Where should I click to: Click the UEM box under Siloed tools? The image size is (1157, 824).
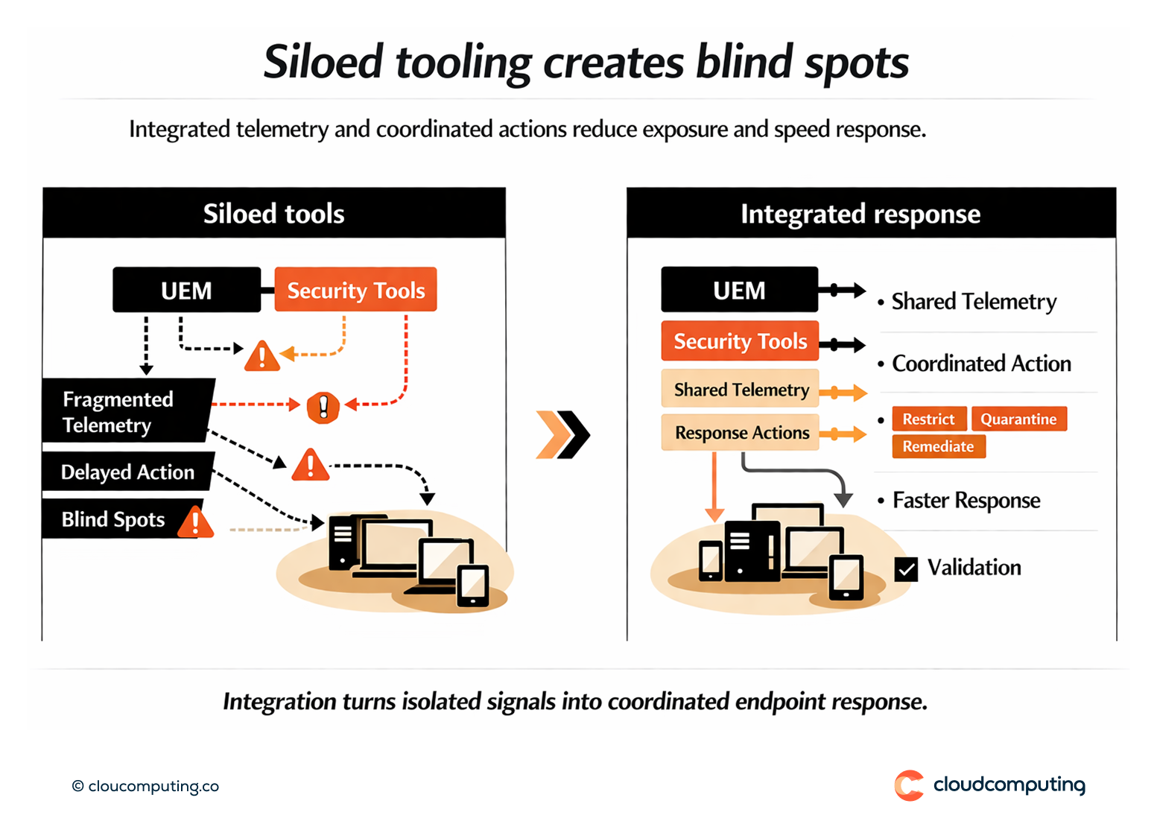pyautogui.click(x=186, y=290)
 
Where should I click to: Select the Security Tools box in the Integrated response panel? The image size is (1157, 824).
pyautogui.click(x=740, y=341)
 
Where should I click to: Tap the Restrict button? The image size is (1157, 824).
pyautogui.click(x=928, y=419)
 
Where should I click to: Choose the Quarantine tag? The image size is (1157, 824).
pyautogui.click(x=1018, y=419)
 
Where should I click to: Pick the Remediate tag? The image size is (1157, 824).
pyautogui.click(x=938, y=446)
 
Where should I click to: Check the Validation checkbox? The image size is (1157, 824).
pyautogui.click(x=906, y=569)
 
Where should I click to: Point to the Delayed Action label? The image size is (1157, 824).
pyautogui.click(x=127, y=472)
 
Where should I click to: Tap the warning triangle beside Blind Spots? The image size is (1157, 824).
pyautogui.click(x=196, y=522)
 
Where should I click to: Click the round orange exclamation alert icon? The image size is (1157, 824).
pyautogui.click(x=323, y=407)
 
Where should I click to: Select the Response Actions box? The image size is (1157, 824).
pyautogui.click(x=741, y=433)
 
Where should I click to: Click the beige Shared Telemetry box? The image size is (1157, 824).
pyautogui.click(x=741, y=390)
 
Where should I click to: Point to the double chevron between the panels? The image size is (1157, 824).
pyautogui.click(x=563, y=434)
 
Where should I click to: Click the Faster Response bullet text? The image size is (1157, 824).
pyautogui.click(x=966, y=500)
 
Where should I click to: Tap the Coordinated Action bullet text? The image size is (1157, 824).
pyautogui.click(x=981, y=364)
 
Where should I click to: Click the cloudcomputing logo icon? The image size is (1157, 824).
pyautogui.click(x=908, y=785)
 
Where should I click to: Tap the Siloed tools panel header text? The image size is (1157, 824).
pyautogui.click(x=273, y=214)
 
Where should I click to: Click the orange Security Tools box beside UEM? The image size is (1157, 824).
pyautogui.click(x=355, y=290)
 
